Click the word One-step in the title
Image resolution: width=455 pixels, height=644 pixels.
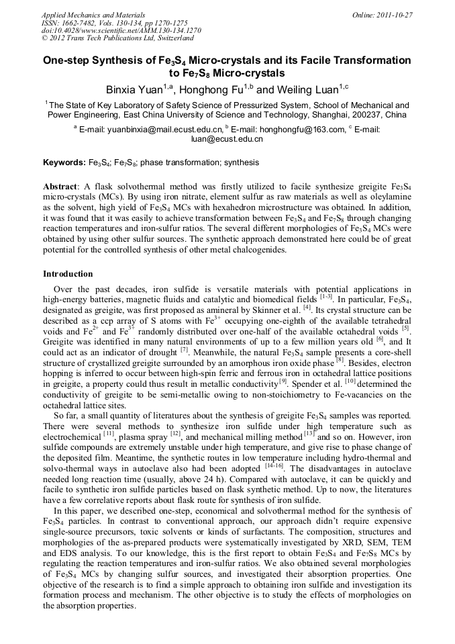point(66,60)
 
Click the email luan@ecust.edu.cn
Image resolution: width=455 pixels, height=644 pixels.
point(227,139)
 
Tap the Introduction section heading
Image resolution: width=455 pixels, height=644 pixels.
point(68,274)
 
